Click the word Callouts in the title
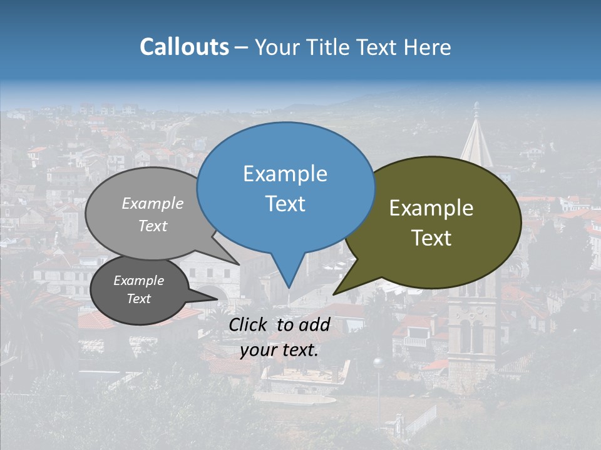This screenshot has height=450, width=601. pyautogui.click(x=184, y=47)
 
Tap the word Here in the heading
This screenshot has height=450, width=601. pyautogui.click(x=428, y=47)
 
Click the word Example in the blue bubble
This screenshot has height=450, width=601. pyautogui.click(x=285, y=174)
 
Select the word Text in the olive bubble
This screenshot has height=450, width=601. pyautogui.click(x=432, y=238)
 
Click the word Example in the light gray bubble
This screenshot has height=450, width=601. pyautogui.click(x=153, y=204)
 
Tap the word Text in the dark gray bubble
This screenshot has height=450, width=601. pyautogui.click(x=139, y=299)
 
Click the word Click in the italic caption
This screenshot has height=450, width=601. pyautogui.click(x=248, y=324)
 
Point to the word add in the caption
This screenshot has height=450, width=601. pyautogui.click(x=314, y=324)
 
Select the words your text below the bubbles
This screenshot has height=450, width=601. pyautogui.click(x=279, y=350)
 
